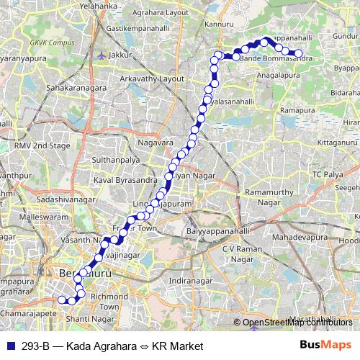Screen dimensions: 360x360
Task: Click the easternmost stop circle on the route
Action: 298,53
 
